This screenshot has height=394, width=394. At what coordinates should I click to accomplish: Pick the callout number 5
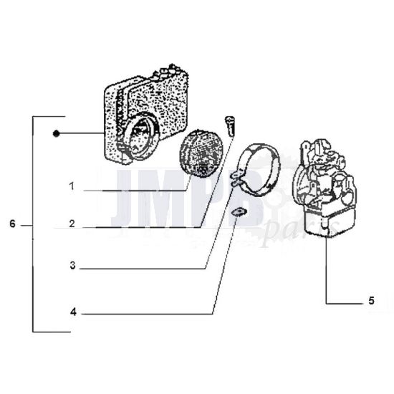(371, 301)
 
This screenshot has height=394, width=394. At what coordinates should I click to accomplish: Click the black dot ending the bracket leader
(56, 134)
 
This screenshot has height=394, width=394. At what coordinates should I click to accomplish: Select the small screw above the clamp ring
(231, 126)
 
